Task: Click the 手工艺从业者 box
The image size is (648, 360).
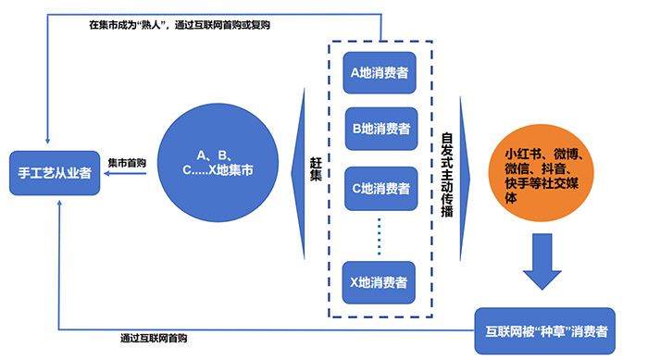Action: tap(55, 172)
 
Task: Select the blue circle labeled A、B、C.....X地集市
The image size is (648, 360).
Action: tap(219, 163)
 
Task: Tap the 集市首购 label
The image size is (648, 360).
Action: tap(126, 159)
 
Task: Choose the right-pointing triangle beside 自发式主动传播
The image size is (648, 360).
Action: tap(467, 170)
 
